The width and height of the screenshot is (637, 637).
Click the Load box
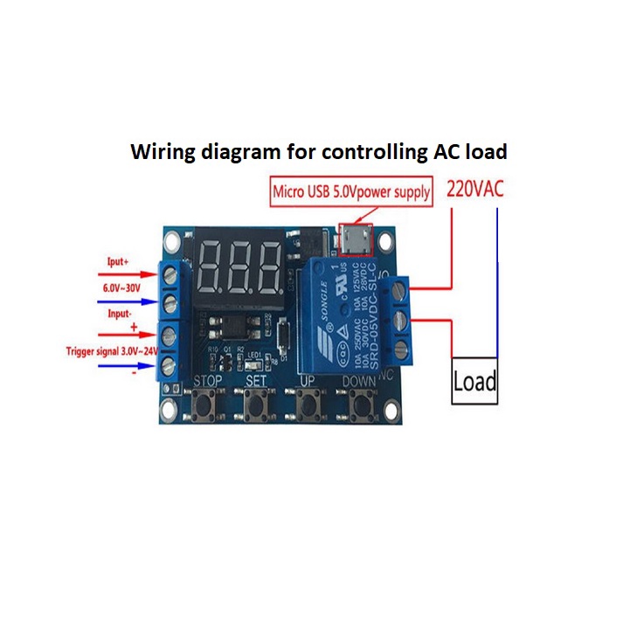pos(474,381)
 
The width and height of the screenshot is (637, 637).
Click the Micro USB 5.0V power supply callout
pos(351,191)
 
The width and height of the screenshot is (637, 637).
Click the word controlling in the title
pos(364,151)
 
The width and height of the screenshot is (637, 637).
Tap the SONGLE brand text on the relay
pos(321,296)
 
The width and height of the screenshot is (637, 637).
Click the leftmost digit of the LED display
pos(213,266)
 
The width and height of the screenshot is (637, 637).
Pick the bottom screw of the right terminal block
pos(402,350)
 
